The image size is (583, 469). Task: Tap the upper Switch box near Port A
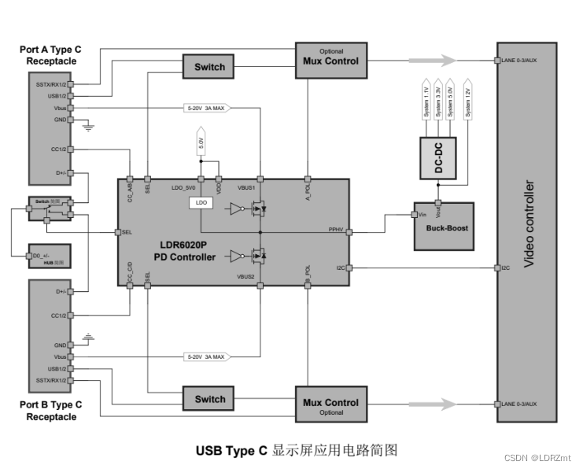click(x=209, y=67)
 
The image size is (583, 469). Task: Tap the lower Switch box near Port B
click(x=209, y=399)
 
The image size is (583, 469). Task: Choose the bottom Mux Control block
click(x=330, y=404)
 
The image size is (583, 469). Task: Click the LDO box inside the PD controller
click(x=201, y=203)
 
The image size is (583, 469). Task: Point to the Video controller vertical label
click(x=529, y=224)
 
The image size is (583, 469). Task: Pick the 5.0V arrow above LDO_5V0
click(x=201, y=144)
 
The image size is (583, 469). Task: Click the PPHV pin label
click(x=336, y=231)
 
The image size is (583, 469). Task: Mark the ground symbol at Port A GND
click(x=88, y=124)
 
